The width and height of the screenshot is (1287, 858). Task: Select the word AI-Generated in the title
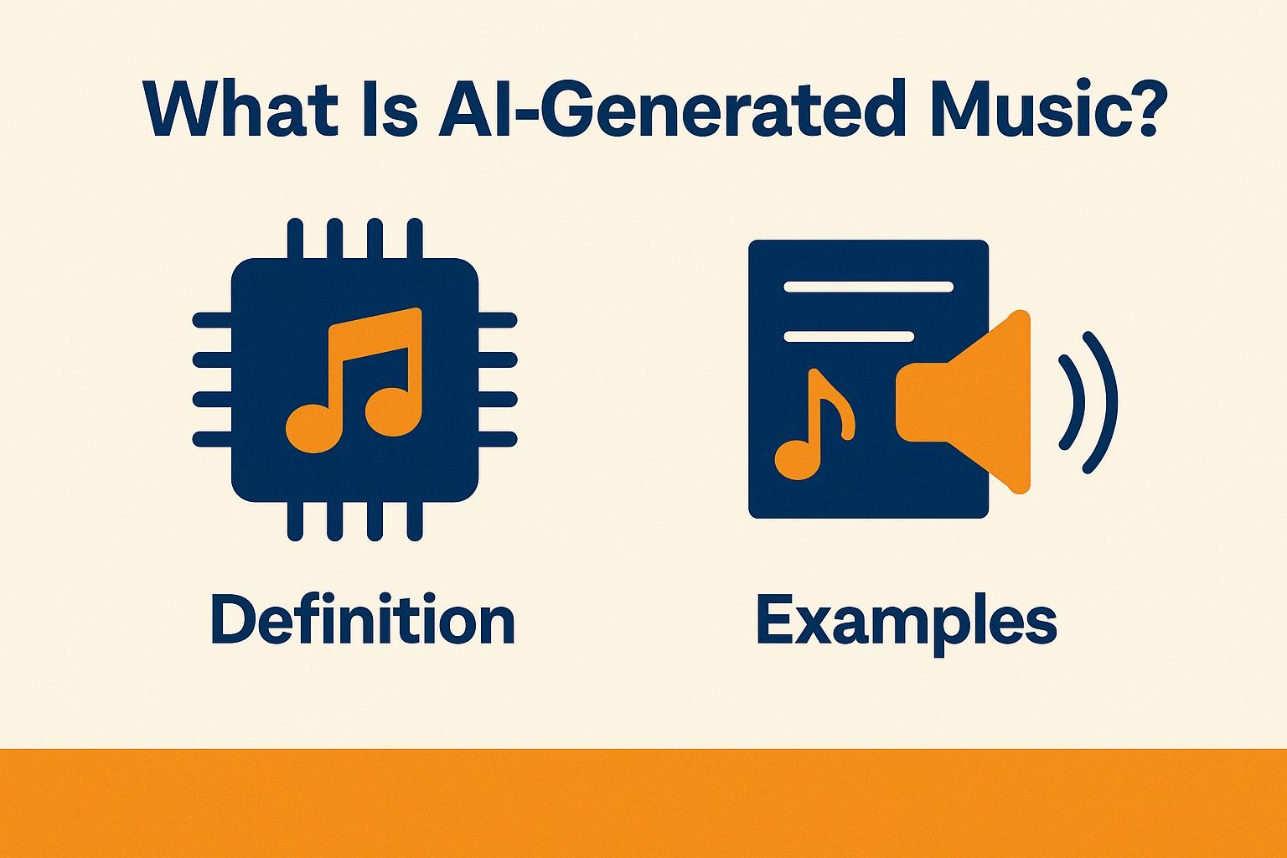coord(668,110)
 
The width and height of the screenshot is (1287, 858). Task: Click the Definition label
coord(362,621)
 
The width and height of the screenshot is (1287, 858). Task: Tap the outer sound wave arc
coord(1104,402)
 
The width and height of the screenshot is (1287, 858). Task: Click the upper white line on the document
coord(868,287)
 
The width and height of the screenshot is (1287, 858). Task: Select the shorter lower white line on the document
coord(848,337)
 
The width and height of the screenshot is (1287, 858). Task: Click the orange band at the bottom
coord(643,803)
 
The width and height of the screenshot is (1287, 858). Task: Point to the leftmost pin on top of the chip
coord(294,239)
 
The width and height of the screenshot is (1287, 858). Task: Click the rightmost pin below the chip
coord(415,520)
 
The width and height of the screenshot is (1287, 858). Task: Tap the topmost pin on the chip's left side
coord(212,319)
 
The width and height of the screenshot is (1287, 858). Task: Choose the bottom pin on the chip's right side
coord(498,439)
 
